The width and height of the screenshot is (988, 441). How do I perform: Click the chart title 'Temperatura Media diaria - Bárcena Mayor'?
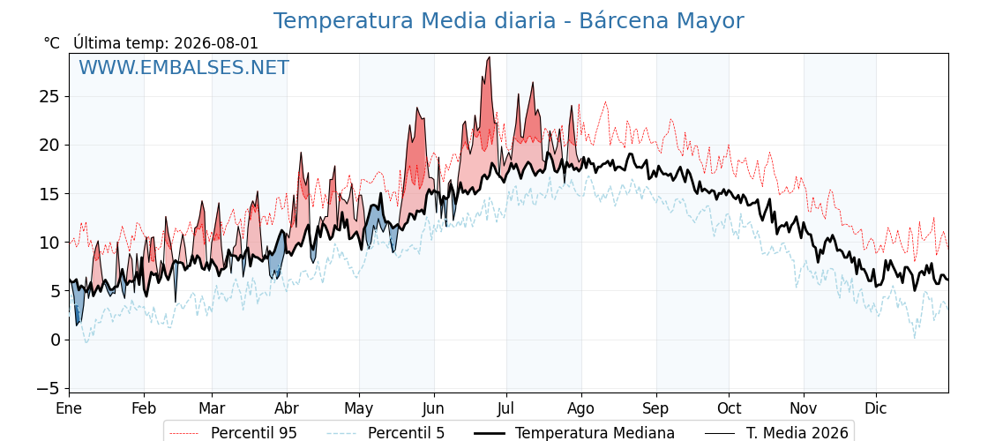pyautogui.click(x=508, y=21)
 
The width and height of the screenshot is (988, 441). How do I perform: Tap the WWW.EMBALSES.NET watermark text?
pyautogui.click(x=184, y=67)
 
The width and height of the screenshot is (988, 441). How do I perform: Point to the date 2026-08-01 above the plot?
pyautogui.click(x=216, y=43)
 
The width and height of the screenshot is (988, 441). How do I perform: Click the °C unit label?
pyautogui.click(x=52, y=43)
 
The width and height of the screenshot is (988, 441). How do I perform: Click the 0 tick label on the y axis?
pyautogui.click(x=56, y=340)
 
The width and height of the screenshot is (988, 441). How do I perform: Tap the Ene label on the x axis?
pyautogui.click(x=69, y=408)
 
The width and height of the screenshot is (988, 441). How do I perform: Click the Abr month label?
pyautogui.click(x=287, y=408)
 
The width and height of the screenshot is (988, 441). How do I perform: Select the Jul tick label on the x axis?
pyautogui.click(x=506, y=408)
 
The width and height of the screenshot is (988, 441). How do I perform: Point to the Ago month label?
pyautogui.click(x=581, y=409)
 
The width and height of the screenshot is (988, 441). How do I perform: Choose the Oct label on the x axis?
pyautogui.click(x=729, y=408)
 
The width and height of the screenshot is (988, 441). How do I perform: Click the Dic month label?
pyautogui.click(x=876, y=408)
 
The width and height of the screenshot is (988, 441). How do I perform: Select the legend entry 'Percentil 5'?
pyautogui.click(x=385, y=433)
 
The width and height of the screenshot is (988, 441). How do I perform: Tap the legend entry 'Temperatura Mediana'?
pyautogui.click(x=574, y=433)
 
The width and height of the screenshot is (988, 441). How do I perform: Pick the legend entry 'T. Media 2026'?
pyautogui.click(x=776, y=433)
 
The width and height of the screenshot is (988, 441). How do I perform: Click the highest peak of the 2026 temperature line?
pyautogui.click(x=489, y=57)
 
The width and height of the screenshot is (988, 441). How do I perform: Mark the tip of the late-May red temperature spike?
pyautogui.click(x=417, y=108)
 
